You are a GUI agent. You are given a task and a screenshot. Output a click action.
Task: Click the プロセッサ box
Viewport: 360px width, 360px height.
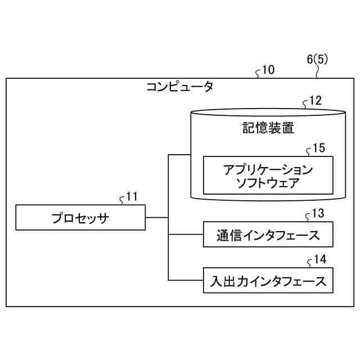click(80, 218)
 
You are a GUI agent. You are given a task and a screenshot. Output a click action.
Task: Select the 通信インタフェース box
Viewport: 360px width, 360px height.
click(267, 235)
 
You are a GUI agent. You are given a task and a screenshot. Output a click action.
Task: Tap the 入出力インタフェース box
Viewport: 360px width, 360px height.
click(267, 280)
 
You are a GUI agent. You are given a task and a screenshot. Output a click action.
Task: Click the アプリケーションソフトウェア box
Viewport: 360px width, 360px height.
click(267, 175)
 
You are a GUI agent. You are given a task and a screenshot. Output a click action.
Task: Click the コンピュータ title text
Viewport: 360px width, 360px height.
click(179, 87)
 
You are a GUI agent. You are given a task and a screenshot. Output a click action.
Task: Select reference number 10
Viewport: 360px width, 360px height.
click(269, 71)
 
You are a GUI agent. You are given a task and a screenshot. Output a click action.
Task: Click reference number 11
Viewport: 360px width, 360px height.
click(132, 197)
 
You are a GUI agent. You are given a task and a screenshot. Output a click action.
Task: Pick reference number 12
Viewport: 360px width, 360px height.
click(316, 101)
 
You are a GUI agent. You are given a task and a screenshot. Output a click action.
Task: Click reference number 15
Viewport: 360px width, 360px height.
click(318, 148)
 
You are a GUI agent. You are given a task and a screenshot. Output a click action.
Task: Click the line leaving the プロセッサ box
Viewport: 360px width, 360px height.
click(157, 217)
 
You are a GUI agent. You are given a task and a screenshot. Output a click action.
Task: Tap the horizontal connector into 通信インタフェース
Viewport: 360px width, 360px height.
click(186, 234)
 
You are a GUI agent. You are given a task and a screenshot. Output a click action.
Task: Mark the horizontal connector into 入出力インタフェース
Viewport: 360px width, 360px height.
click(186, 280)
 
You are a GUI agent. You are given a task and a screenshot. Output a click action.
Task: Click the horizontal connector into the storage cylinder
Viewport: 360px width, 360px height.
click(179, 154)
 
